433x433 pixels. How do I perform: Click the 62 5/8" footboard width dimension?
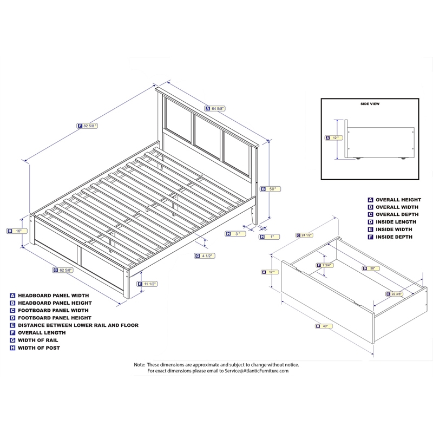pos(67,270)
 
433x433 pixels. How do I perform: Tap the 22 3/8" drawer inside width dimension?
pos(397,294)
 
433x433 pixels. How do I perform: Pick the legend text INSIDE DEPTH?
pos(394,237)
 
